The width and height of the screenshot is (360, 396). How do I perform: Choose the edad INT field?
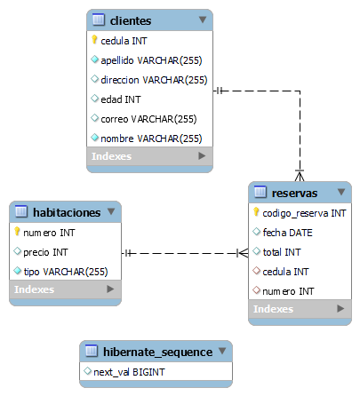click(121, 99)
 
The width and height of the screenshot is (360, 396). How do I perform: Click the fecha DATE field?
click(287, 233)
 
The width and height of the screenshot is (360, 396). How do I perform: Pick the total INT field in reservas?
click(284, 252)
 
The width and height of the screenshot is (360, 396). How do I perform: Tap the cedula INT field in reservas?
click(286, 272)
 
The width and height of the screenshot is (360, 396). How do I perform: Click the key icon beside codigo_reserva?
click(256, 212)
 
